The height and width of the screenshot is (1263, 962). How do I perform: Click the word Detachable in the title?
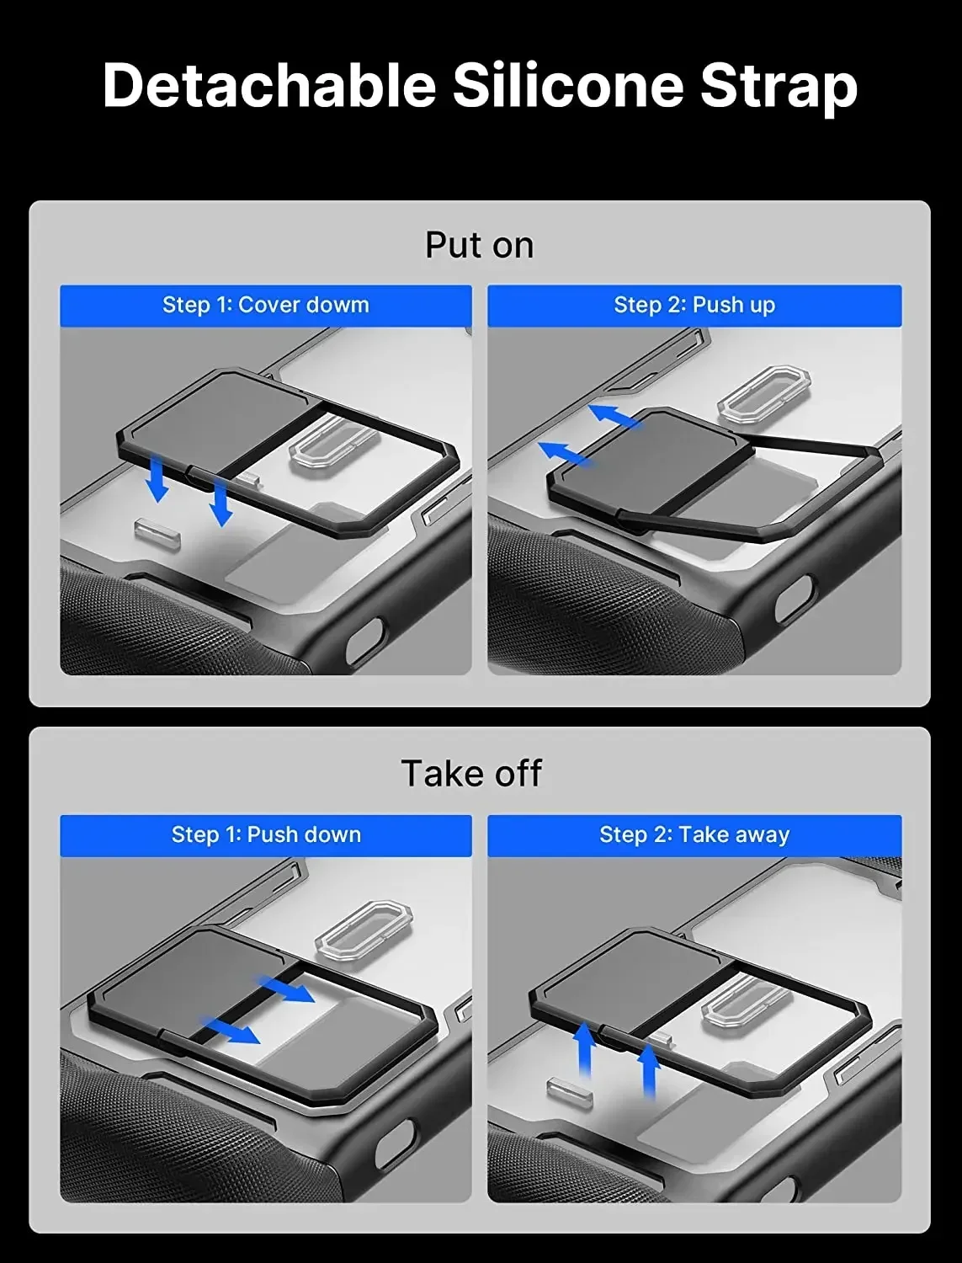pos(268,85)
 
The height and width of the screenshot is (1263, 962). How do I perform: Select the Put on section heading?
pos(479,245)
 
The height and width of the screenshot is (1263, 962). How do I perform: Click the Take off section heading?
pos(471,773)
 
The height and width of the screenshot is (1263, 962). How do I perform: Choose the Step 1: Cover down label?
pos(265,305)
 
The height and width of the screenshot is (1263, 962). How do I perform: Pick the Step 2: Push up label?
pos(694,305)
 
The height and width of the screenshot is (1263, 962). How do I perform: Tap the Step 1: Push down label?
pos(266,834)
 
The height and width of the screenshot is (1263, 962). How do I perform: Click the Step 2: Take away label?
pos(694,834)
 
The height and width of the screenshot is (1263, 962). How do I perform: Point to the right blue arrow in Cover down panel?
pos(220,502)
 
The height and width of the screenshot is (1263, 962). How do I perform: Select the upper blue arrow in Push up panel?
pos(613,416)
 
